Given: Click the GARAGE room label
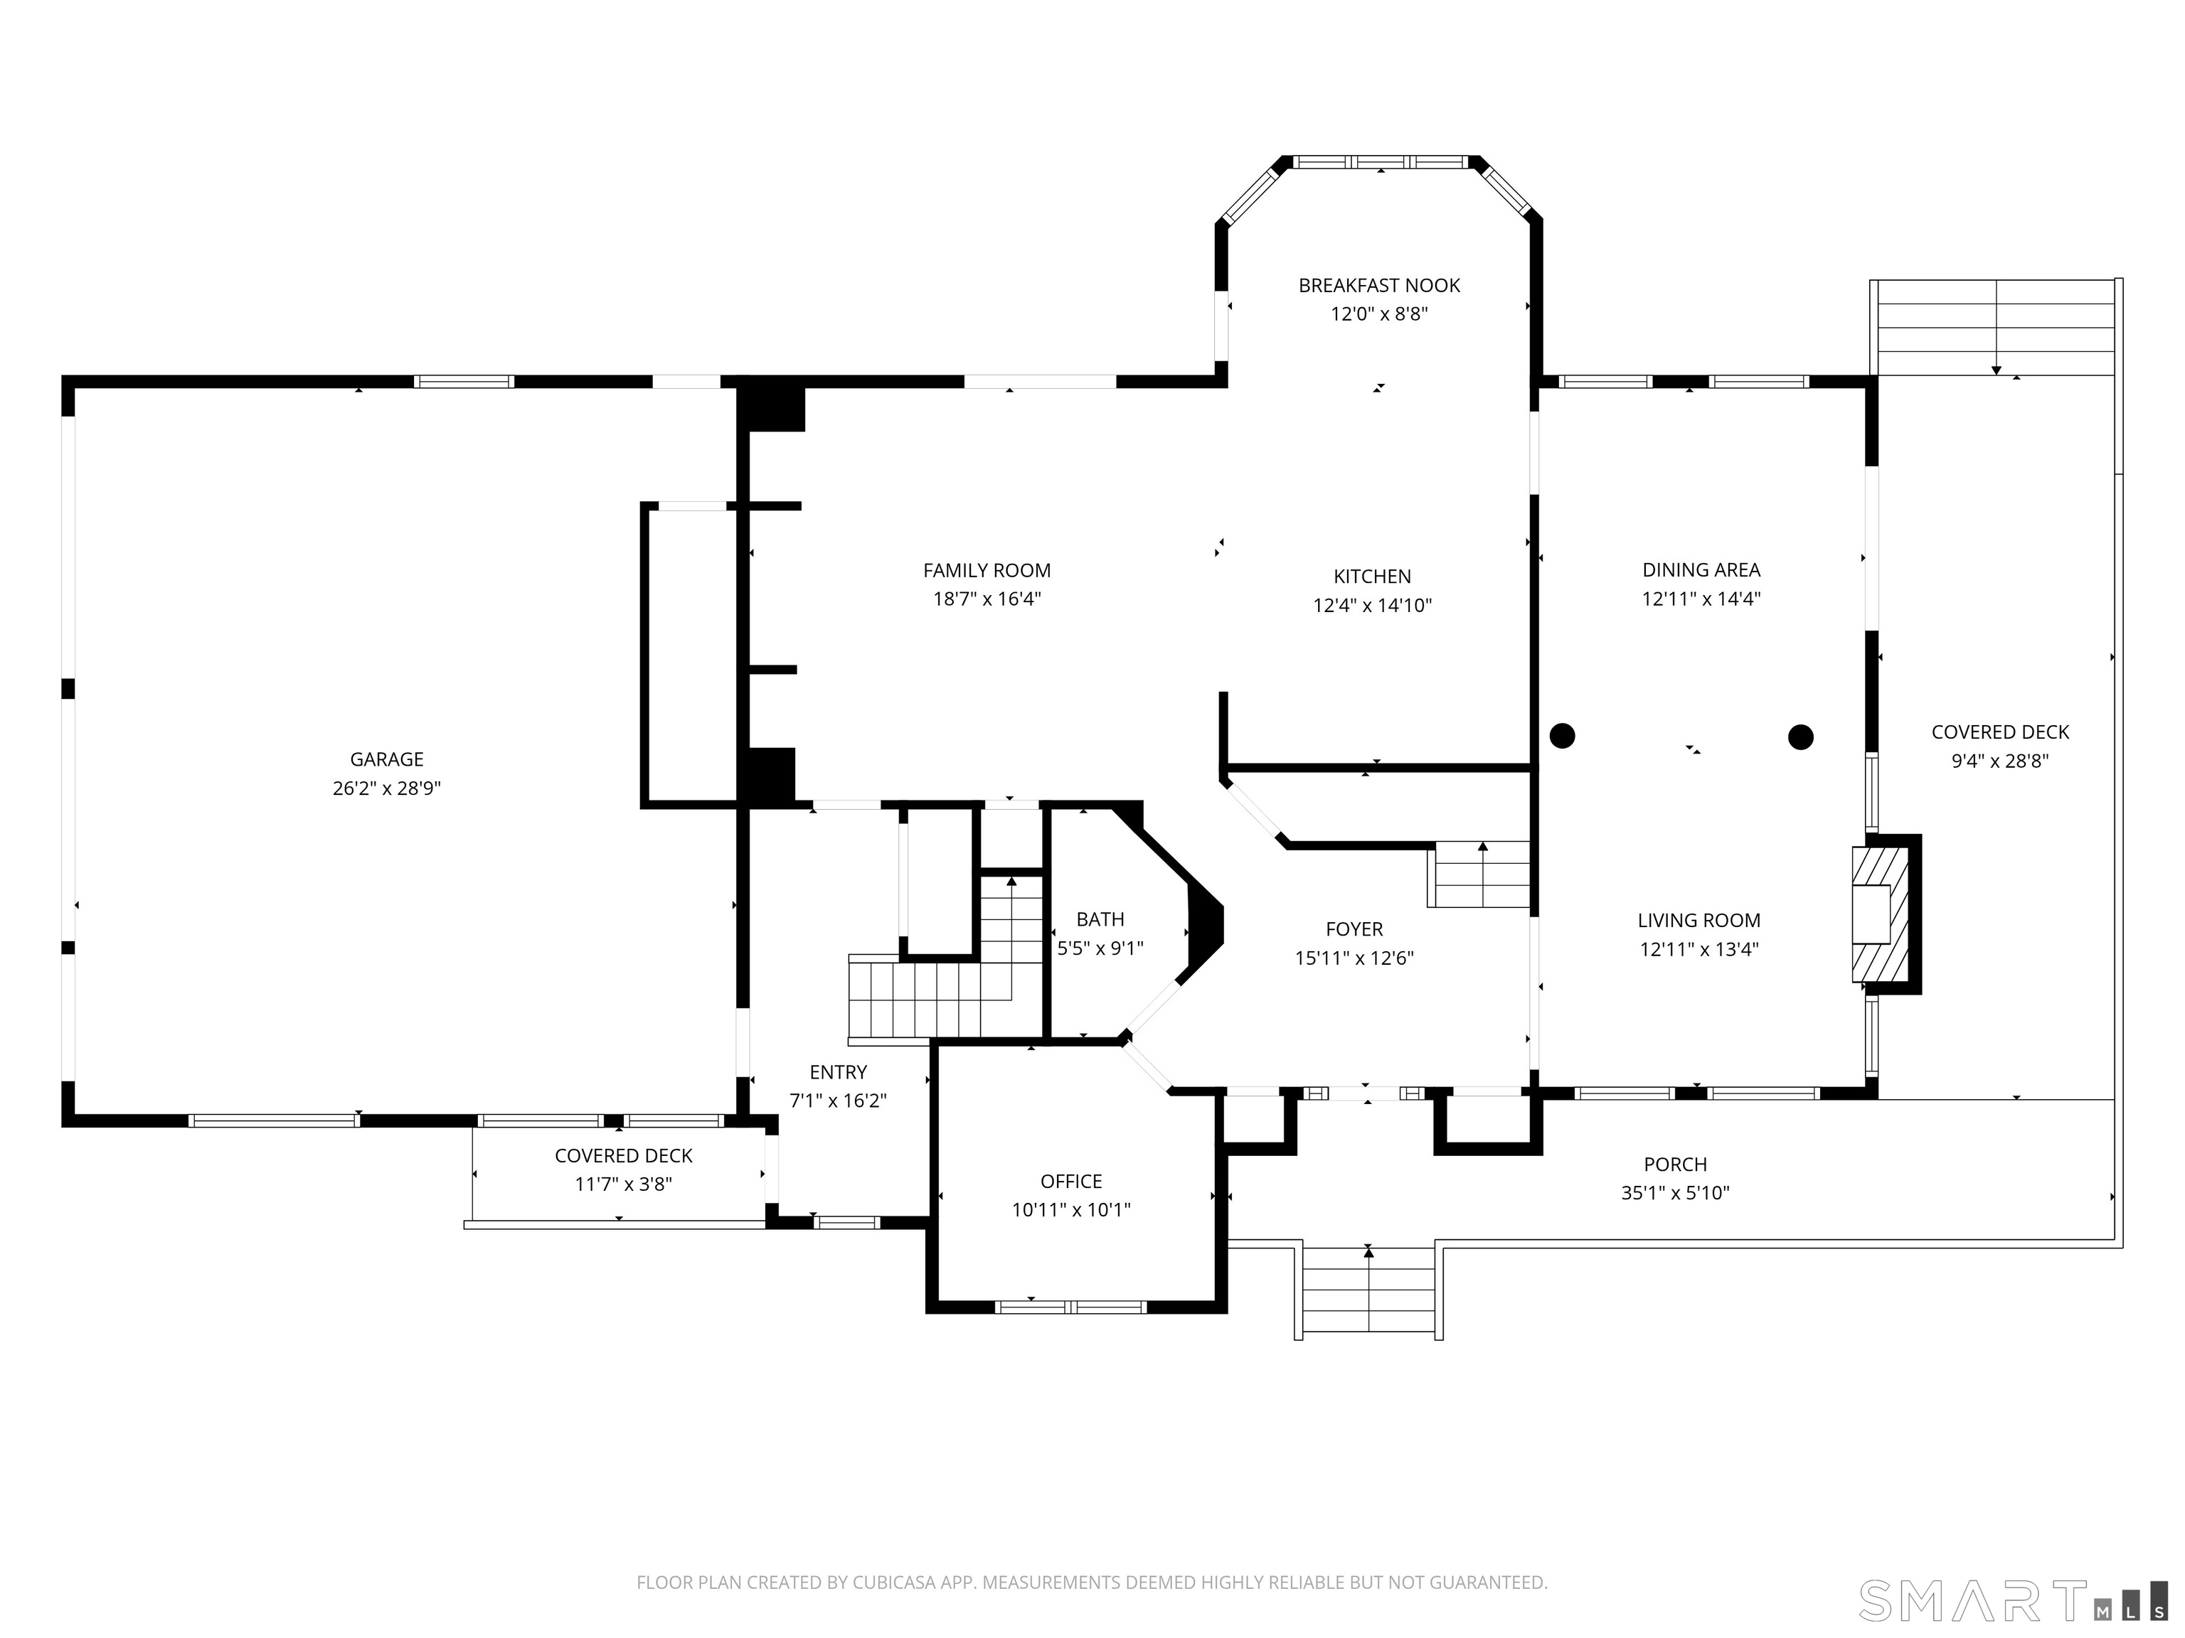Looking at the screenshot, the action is click(x=386, y=759).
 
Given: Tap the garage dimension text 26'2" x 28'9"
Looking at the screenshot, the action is click(x=386, y=788).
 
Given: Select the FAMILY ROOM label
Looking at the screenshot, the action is click(x=987, y=571).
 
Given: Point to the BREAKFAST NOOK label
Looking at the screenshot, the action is click(x=1379, y=285).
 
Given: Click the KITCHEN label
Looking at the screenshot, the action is click(x=1372, y=577).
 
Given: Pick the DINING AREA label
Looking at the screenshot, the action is click(x=1701, y=569).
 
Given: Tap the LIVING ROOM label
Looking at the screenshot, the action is click(x=1699, y=920).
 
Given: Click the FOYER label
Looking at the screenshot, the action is click(x=1354, y=929).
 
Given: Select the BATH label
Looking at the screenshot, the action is click(x=1100, y=919).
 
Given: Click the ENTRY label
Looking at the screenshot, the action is click(x=838, y=1072).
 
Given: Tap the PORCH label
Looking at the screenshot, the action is click(x=1675, y=1164).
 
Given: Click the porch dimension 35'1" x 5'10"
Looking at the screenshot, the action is click(x=1675, y=1193).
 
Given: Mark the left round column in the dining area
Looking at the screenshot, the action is click(x=1562, y=736).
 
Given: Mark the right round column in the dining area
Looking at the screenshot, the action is click(x=1801, y=737).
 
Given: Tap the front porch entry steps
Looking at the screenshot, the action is click(x=1368, y=1292).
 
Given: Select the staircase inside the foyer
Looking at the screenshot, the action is click(x=1479, y=874).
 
